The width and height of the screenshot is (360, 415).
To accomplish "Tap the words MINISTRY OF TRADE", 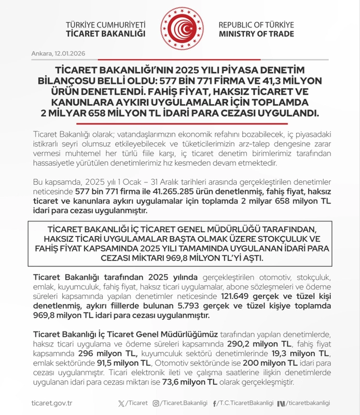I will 256,34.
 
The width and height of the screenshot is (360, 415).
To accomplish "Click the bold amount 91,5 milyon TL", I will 105,364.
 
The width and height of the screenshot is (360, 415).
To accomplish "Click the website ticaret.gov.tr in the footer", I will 51,403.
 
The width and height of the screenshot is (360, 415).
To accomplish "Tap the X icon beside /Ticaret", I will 122,403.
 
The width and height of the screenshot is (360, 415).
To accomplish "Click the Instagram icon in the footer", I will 156,403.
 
